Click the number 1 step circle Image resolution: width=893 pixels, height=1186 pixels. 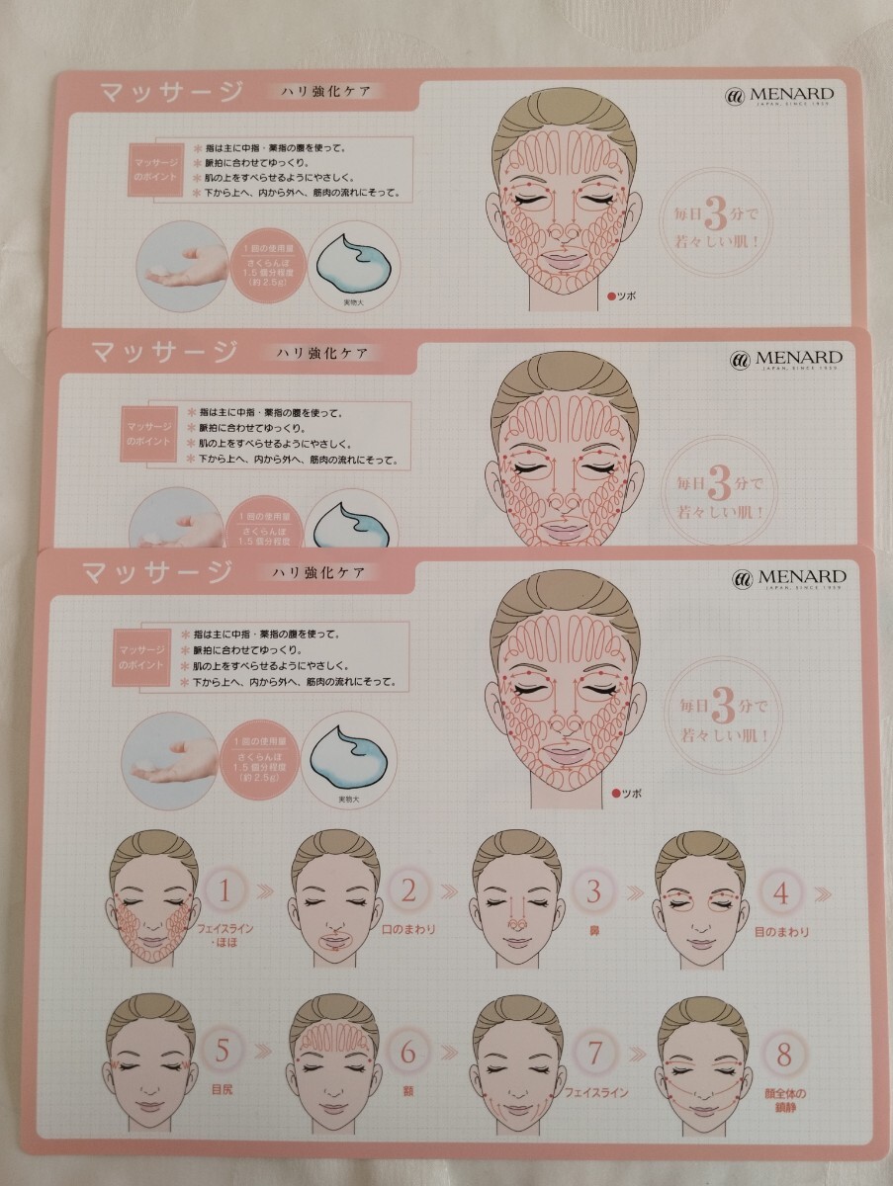tap(226, 891)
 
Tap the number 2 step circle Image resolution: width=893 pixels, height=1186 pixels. tap(409, 891)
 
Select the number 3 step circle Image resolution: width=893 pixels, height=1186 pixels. tap(593, 891)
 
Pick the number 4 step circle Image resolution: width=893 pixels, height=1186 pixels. tap(780, 893)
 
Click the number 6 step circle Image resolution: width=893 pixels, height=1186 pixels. tap(407, 1052)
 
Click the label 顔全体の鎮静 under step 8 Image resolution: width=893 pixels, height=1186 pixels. tap(787, 1100)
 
